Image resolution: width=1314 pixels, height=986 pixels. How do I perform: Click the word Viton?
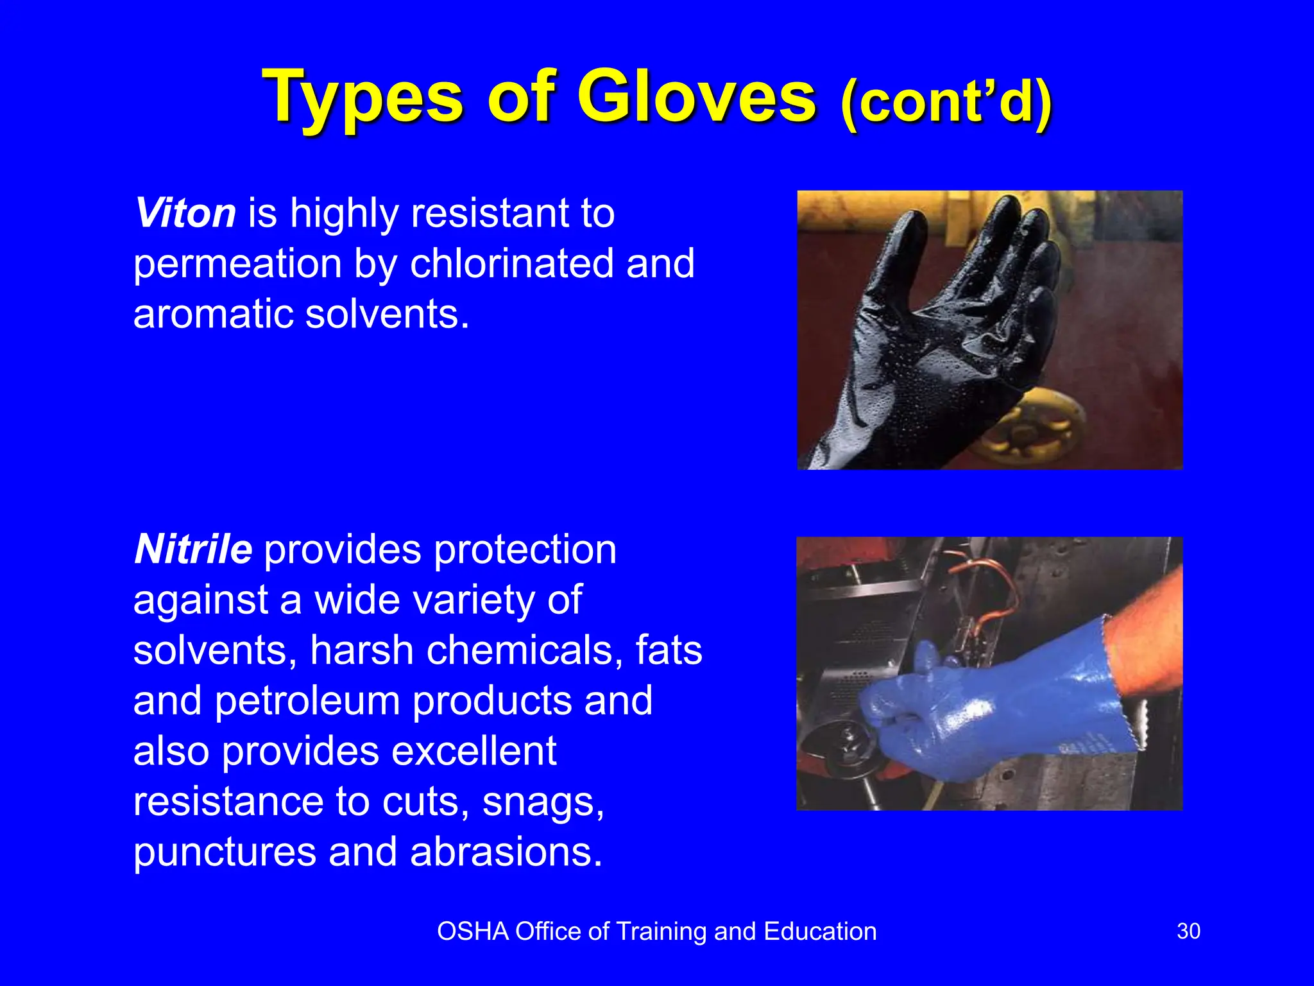click(x=185, y=213)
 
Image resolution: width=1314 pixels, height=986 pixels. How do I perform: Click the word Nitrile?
click(x=193, y=549)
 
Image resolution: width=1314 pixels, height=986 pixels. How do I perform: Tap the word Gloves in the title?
click(x=697, y=98)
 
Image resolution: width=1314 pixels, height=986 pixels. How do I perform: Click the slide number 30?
click(x=1188, y=931)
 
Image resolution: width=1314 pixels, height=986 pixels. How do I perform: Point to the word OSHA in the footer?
click(x=473, y=931)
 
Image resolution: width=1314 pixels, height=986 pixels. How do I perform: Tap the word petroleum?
click(x=307, y=700)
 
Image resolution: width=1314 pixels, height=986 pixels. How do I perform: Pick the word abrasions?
click(x=506, y=852)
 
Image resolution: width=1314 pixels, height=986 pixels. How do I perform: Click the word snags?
click(x=543, y=802)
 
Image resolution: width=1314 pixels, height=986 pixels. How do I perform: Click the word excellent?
click(x=474, y=751)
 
